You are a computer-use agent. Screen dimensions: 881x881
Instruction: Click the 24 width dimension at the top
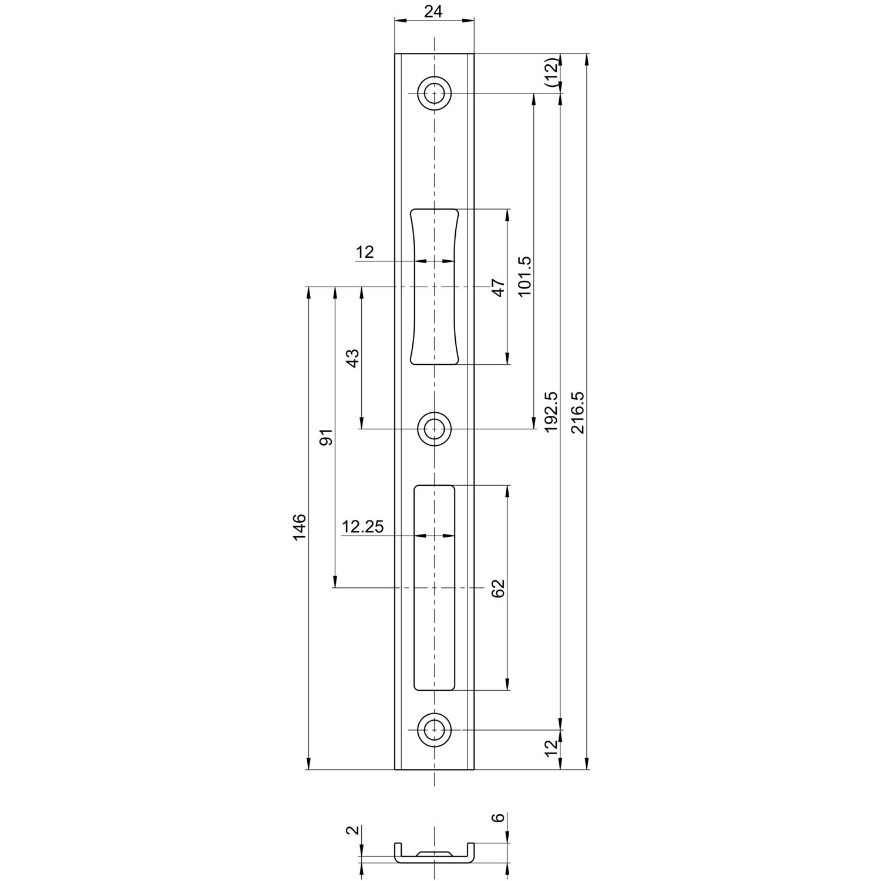coord(433,11)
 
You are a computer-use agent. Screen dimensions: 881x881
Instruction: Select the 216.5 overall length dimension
coord(578,412)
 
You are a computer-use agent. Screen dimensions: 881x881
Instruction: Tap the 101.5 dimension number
coord(524,276)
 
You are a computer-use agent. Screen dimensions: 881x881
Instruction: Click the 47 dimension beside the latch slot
coord(498,288)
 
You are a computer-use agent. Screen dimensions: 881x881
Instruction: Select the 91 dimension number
coord(326,437)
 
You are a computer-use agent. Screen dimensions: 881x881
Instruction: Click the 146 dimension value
coord(300,527)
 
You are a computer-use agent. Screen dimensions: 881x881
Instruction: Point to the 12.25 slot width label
coord(363,527)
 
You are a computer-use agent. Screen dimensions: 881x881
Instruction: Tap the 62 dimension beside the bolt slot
coord(498,588)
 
